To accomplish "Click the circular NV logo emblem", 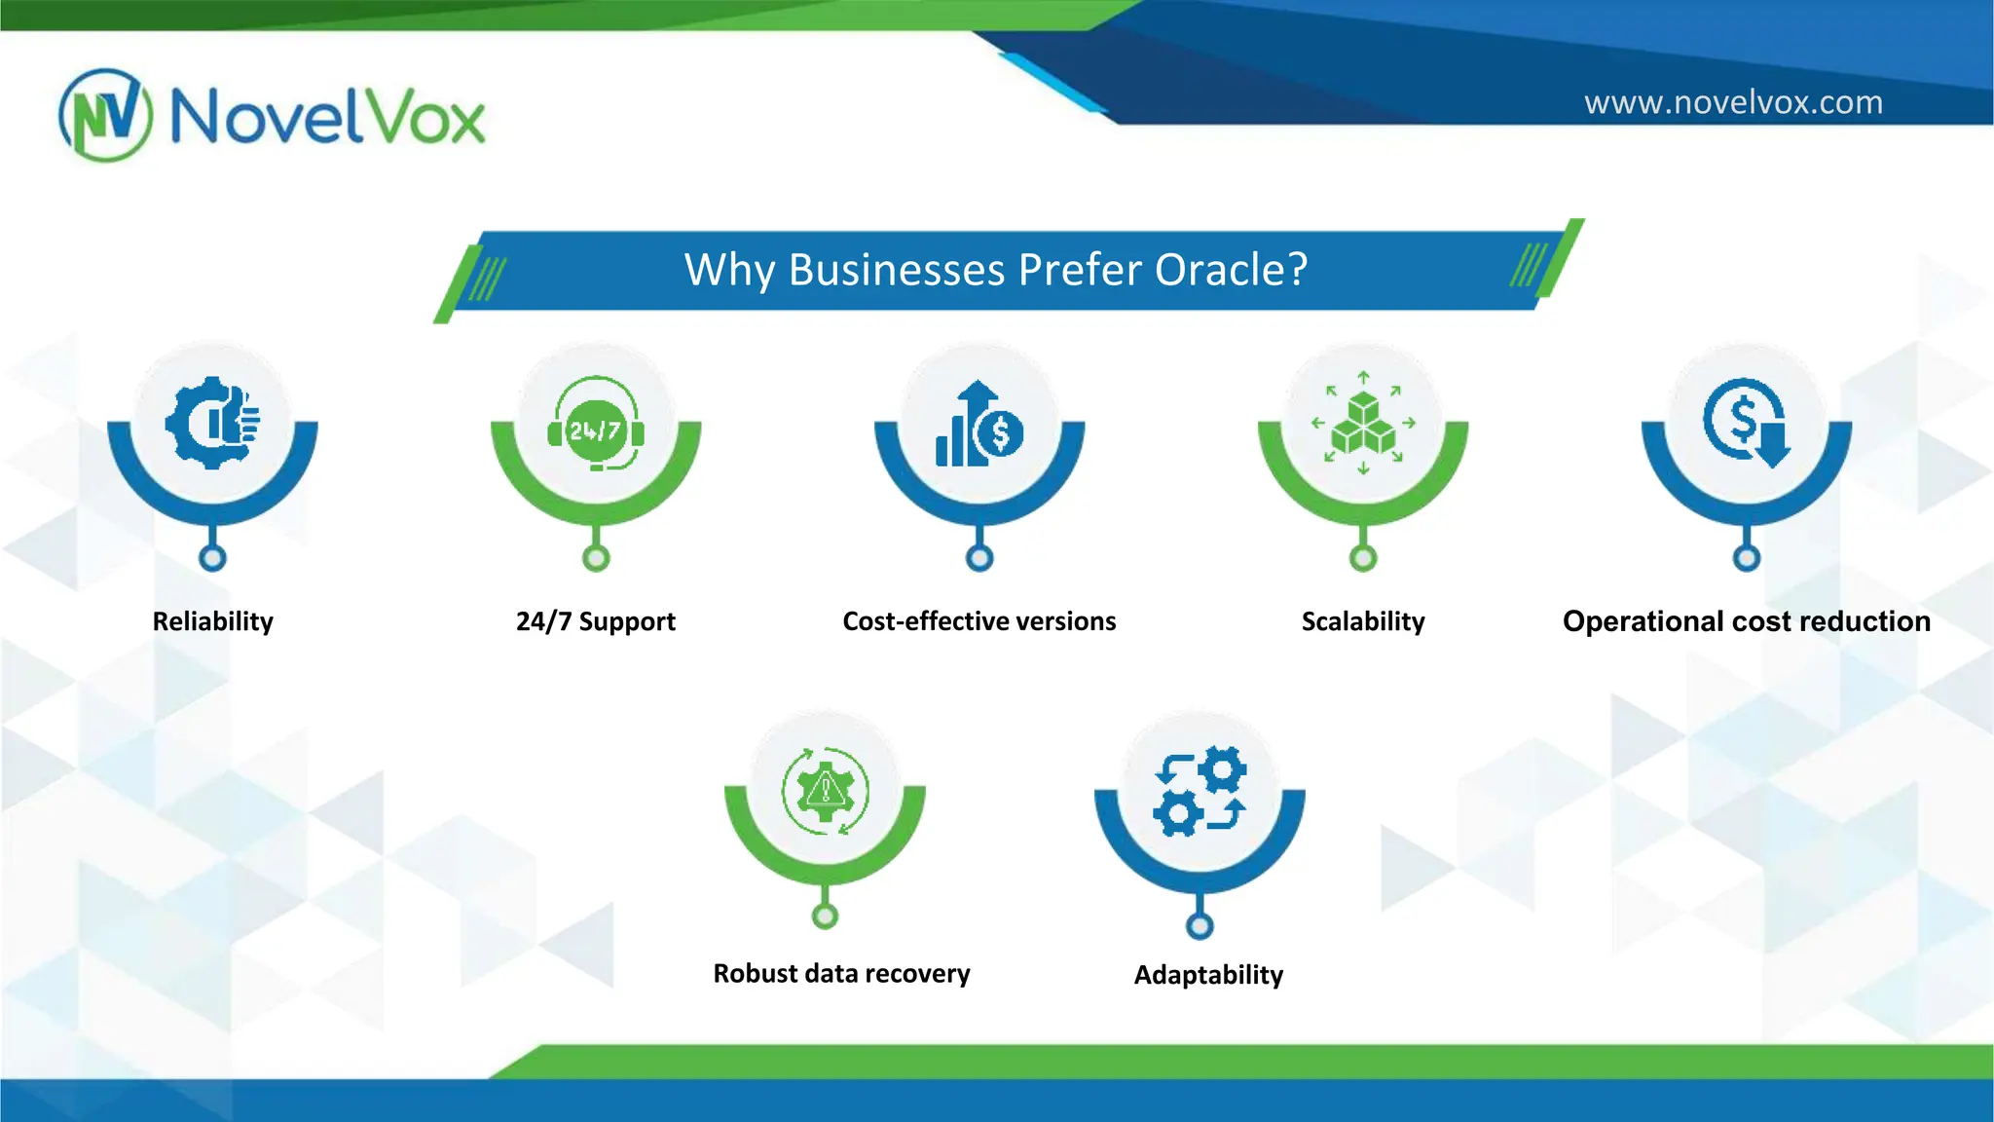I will [x=105, y=115].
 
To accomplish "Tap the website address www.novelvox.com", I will [x=1733, y=102].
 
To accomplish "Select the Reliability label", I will [x=212, y=621].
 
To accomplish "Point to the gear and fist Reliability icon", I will [x=212, y=423].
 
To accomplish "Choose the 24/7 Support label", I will [x=595, y=621].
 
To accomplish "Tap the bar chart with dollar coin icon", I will [x=979, y=425].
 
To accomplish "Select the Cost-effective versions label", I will [x=979, y=621].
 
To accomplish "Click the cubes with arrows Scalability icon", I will [x=1363, y=423].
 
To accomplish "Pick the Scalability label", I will [x=1363, y=621].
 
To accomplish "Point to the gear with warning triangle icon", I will [x=825, y=791].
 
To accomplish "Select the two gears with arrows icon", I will [x=1200, y=791].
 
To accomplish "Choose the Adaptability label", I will [x=1208, y=975].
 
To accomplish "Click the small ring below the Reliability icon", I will [x=212, y=558].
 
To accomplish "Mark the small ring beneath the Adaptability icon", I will [x=1200, y=925].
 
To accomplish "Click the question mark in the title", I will [x=1297, y=270].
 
